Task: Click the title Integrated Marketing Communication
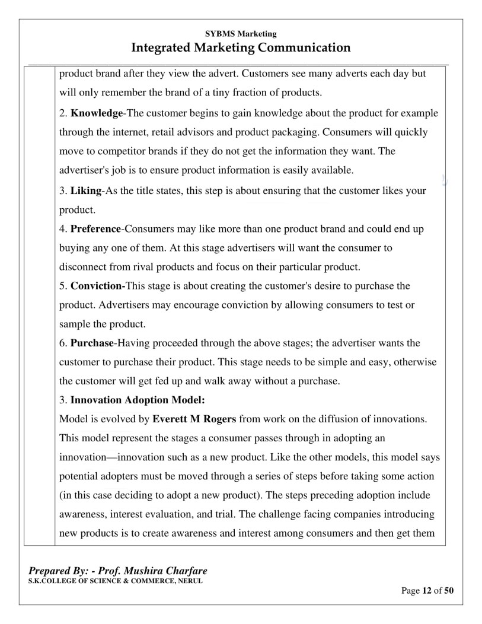click(241, 47)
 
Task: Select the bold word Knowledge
click(96, 113)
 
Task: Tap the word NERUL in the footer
click(189, 580)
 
